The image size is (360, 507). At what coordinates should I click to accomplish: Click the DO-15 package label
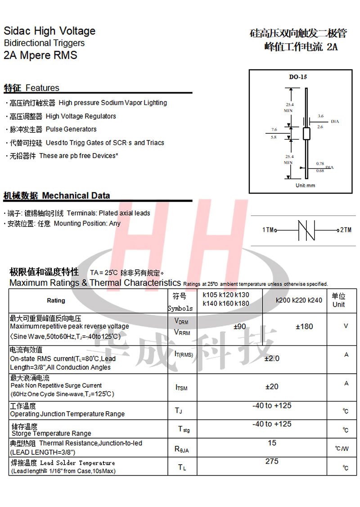point(298,77)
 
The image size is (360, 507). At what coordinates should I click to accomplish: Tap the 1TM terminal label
point(269,230)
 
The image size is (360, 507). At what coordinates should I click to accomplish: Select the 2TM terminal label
point(346,230)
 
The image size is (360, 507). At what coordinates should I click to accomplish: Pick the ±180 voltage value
point(304,326)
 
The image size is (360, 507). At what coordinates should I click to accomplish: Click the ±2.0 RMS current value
point(271,358)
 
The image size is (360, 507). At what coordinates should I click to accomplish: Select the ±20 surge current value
point(272,386)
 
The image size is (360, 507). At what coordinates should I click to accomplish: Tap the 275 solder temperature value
point(272,461)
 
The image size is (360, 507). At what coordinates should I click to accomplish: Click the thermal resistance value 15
point(272,443)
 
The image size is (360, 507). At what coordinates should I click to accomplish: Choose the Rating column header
point(56,300)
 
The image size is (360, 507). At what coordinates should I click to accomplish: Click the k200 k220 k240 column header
point(299,300)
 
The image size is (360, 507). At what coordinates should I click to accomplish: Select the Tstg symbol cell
point(183,429)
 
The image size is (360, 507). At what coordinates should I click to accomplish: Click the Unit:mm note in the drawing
point(305,186)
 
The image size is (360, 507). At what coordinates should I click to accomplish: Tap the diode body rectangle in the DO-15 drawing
point(306,134)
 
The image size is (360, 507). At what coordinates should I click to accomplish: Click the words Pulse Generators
point(71,129)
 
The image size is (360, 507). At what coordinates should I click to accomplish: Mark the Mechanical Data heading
point(76,196)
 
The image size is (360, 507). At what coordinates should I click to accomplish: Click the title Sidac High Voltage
point(49,31)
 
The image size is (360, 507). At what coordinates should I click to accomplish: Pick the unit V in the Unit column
point(346,326)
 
